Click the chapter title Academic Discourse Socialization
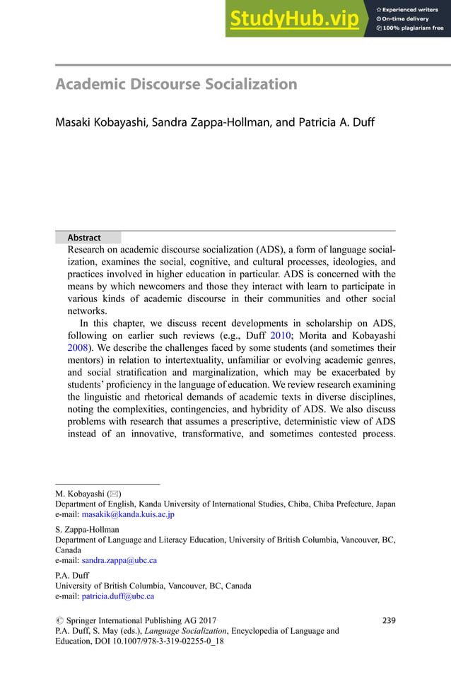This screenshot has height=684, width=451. pos(176,85)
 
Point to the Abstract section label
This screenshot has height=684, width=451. pos(84,238)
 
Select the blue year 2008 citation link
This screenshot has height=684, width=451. pos(77,349)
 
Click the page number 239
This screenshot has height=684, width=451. pos(388,620)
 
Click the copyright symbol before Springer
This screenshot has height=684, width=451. pos(59,620)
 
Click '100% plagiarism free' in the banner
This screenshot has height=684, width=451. pos(413,28)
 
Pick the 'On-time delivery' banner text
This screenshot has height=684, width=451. pos(409,18)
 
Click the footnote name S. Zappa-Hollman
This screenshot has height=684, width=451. pos(87,528)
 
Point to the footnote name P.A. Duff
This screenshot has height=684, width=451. pos(72,575)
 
